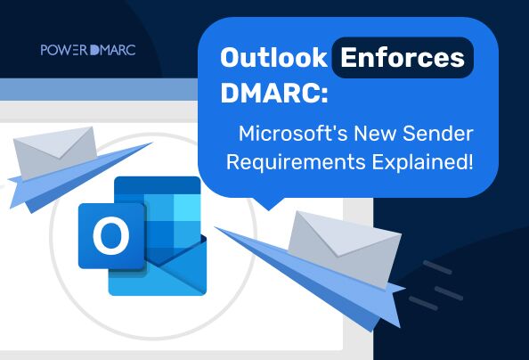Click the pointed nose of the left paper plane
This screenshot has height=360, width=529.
[x=11, y=184]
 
